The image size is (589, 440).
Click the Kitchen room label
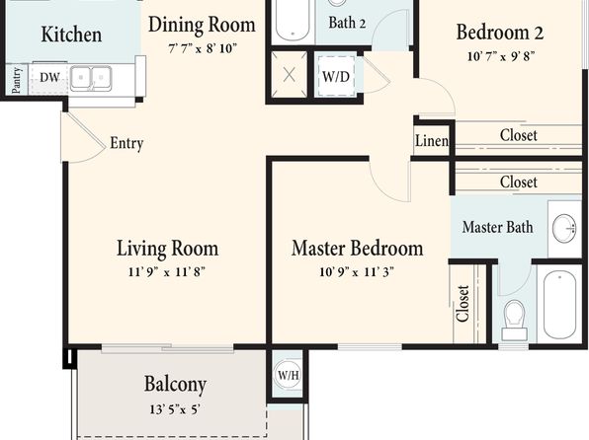pos(71,35)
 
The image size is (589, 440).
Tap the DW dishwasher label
pos(49,77)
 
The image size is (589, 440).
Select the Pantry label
pos(16,80)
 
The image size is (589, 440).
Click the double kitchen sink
pos(91,78)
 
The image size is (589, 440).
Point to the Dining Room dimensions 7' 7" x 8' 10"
pos(203,48)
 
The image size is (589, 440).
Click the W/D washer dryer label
pos(336,77)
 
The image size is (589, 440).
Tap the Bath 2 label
pos(347,23)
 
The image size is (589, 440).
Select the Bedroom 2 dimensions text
pos(501,56)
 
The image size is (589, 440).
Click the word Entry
pos(126,143)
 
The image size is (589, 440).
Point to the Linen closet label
pos(432,141)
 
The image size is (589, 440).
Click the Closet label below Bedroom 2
pos(519,135)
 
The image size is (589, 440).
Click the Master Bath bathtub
pos(559,304)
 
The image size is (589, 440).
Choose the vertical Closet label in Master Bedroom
pos(463,304)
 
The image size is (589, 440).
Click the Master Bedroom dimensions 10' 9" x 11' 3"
pos(357,271)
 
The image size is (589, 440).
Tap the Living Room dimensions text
pos(167,271)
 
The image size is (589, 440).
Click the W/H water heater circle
pos(289,374)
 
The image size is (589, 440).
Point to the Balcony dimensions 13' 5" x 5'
pos(175,409)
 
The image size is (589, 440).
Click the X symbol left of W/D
pos(289,75)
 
